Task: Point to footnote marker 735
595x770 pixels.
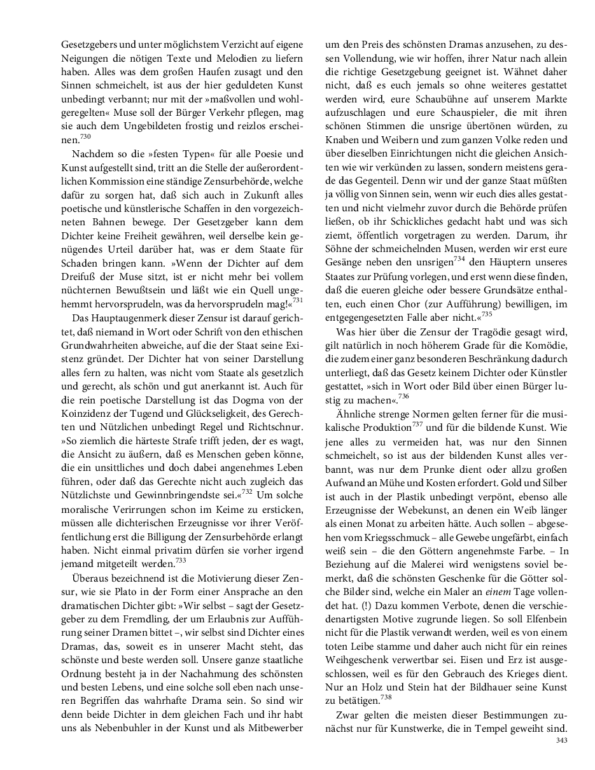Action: click(x=487, y=314)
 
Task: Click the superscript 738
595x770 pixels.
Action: click(x=385, y=697)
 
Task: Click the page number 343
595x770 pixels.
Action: click(x=561, y=740)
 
